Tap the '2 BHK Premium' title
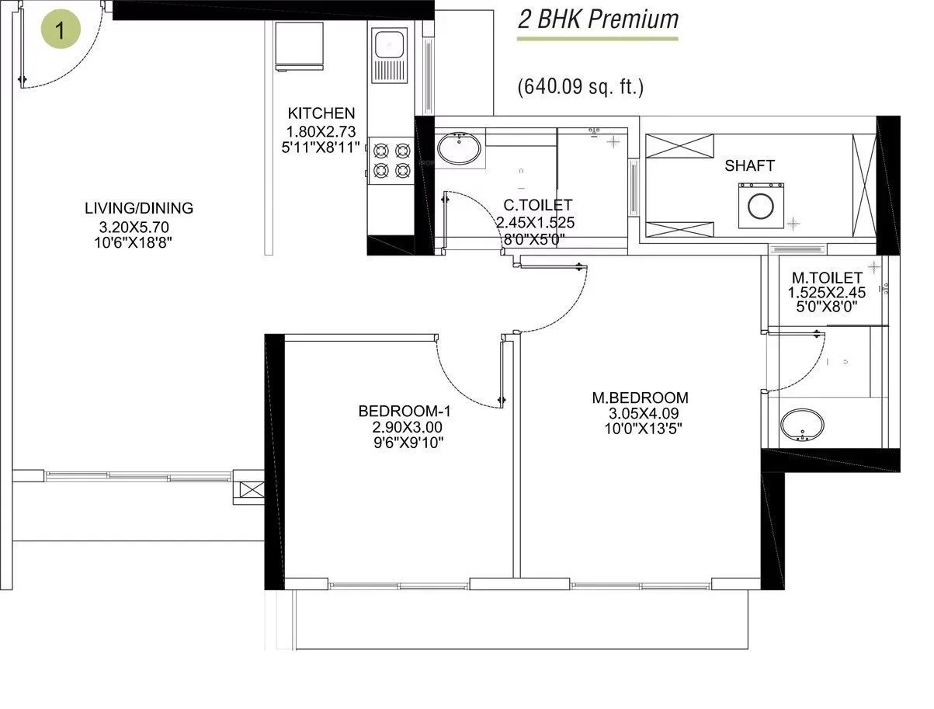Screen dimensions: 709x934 pyautogui.click(x=598, y=19)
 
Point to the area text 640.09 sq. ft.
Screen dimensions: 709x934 pyautogui.click(x=581, y=87)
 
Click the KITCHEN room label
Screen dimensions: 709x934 pyautogui.click(x=321, y=113)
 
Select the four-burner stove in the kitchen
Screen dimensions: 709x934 pyautogui.click(x=391, y=159)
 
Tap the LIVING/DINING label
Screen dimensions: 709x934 pyautogui.click(x=139, y=208)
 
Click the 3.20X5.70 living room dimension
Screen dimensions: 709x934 pyautogui.click(x=134, y=227)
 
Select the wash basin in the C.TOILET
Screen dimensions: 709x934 pyautogui.click(x=458, y=149)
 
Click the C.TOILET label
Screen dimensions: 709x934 pyautogui.click(x=537, y=206)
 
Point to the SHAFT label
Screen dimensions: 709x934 pyautogui.click(x=749, y=165)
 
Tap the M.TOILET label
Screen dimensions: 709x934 pyautogui.click(x=826, y=277)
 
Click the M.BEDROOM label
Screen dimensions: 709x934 pyautogui.click(x=640, y=398)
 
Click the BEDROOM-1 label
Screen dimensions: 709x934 pyautogui.click(x=404, y=411)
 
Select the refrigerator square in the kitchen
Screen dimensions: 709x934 pyautogui.click(x=300, y=46)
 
